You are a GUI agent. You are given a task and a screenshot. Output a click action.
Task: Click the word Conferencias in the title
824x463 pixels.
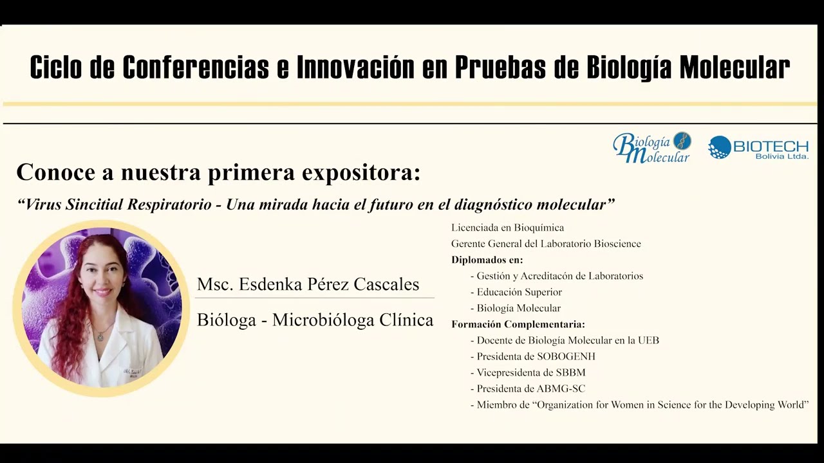(x=196, y=68)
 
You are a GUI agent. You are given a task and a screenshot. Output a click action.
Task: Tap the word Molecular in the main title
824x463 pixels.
(x=735, y=68)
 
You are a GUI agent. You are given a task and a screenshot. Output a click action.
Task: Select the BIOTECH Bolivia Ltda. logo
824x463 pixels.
(x=758, y=148)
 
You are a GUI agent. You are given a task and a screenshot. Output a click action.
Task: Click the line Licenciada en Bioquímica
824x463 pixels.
(x=508, y=228)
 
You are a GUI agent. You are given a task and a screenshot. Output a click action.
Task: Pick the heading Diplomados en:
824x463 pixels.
(x=487, y=260)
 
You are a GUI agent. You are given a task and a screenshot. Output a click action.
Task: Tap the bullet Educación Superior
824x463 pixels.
(x=519, y=292)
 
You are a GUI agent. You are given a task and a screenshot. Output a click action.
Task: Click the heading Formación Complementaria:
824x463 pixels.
(x=518, y=324)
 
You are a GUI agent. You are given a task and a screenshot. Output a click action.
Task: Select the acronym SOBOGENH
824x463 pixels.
(x=566, y=356)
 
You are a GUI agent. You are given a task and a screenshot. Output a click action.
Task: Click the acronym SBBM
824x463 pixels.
(x=570, y=372)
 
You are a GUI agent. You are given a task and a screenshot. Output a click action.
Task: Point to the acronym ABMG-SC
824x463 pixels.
(x=561, y=389)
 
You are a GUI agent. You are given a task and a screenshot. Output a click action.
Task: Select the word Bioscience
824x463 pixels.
(x=617, y=244)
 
